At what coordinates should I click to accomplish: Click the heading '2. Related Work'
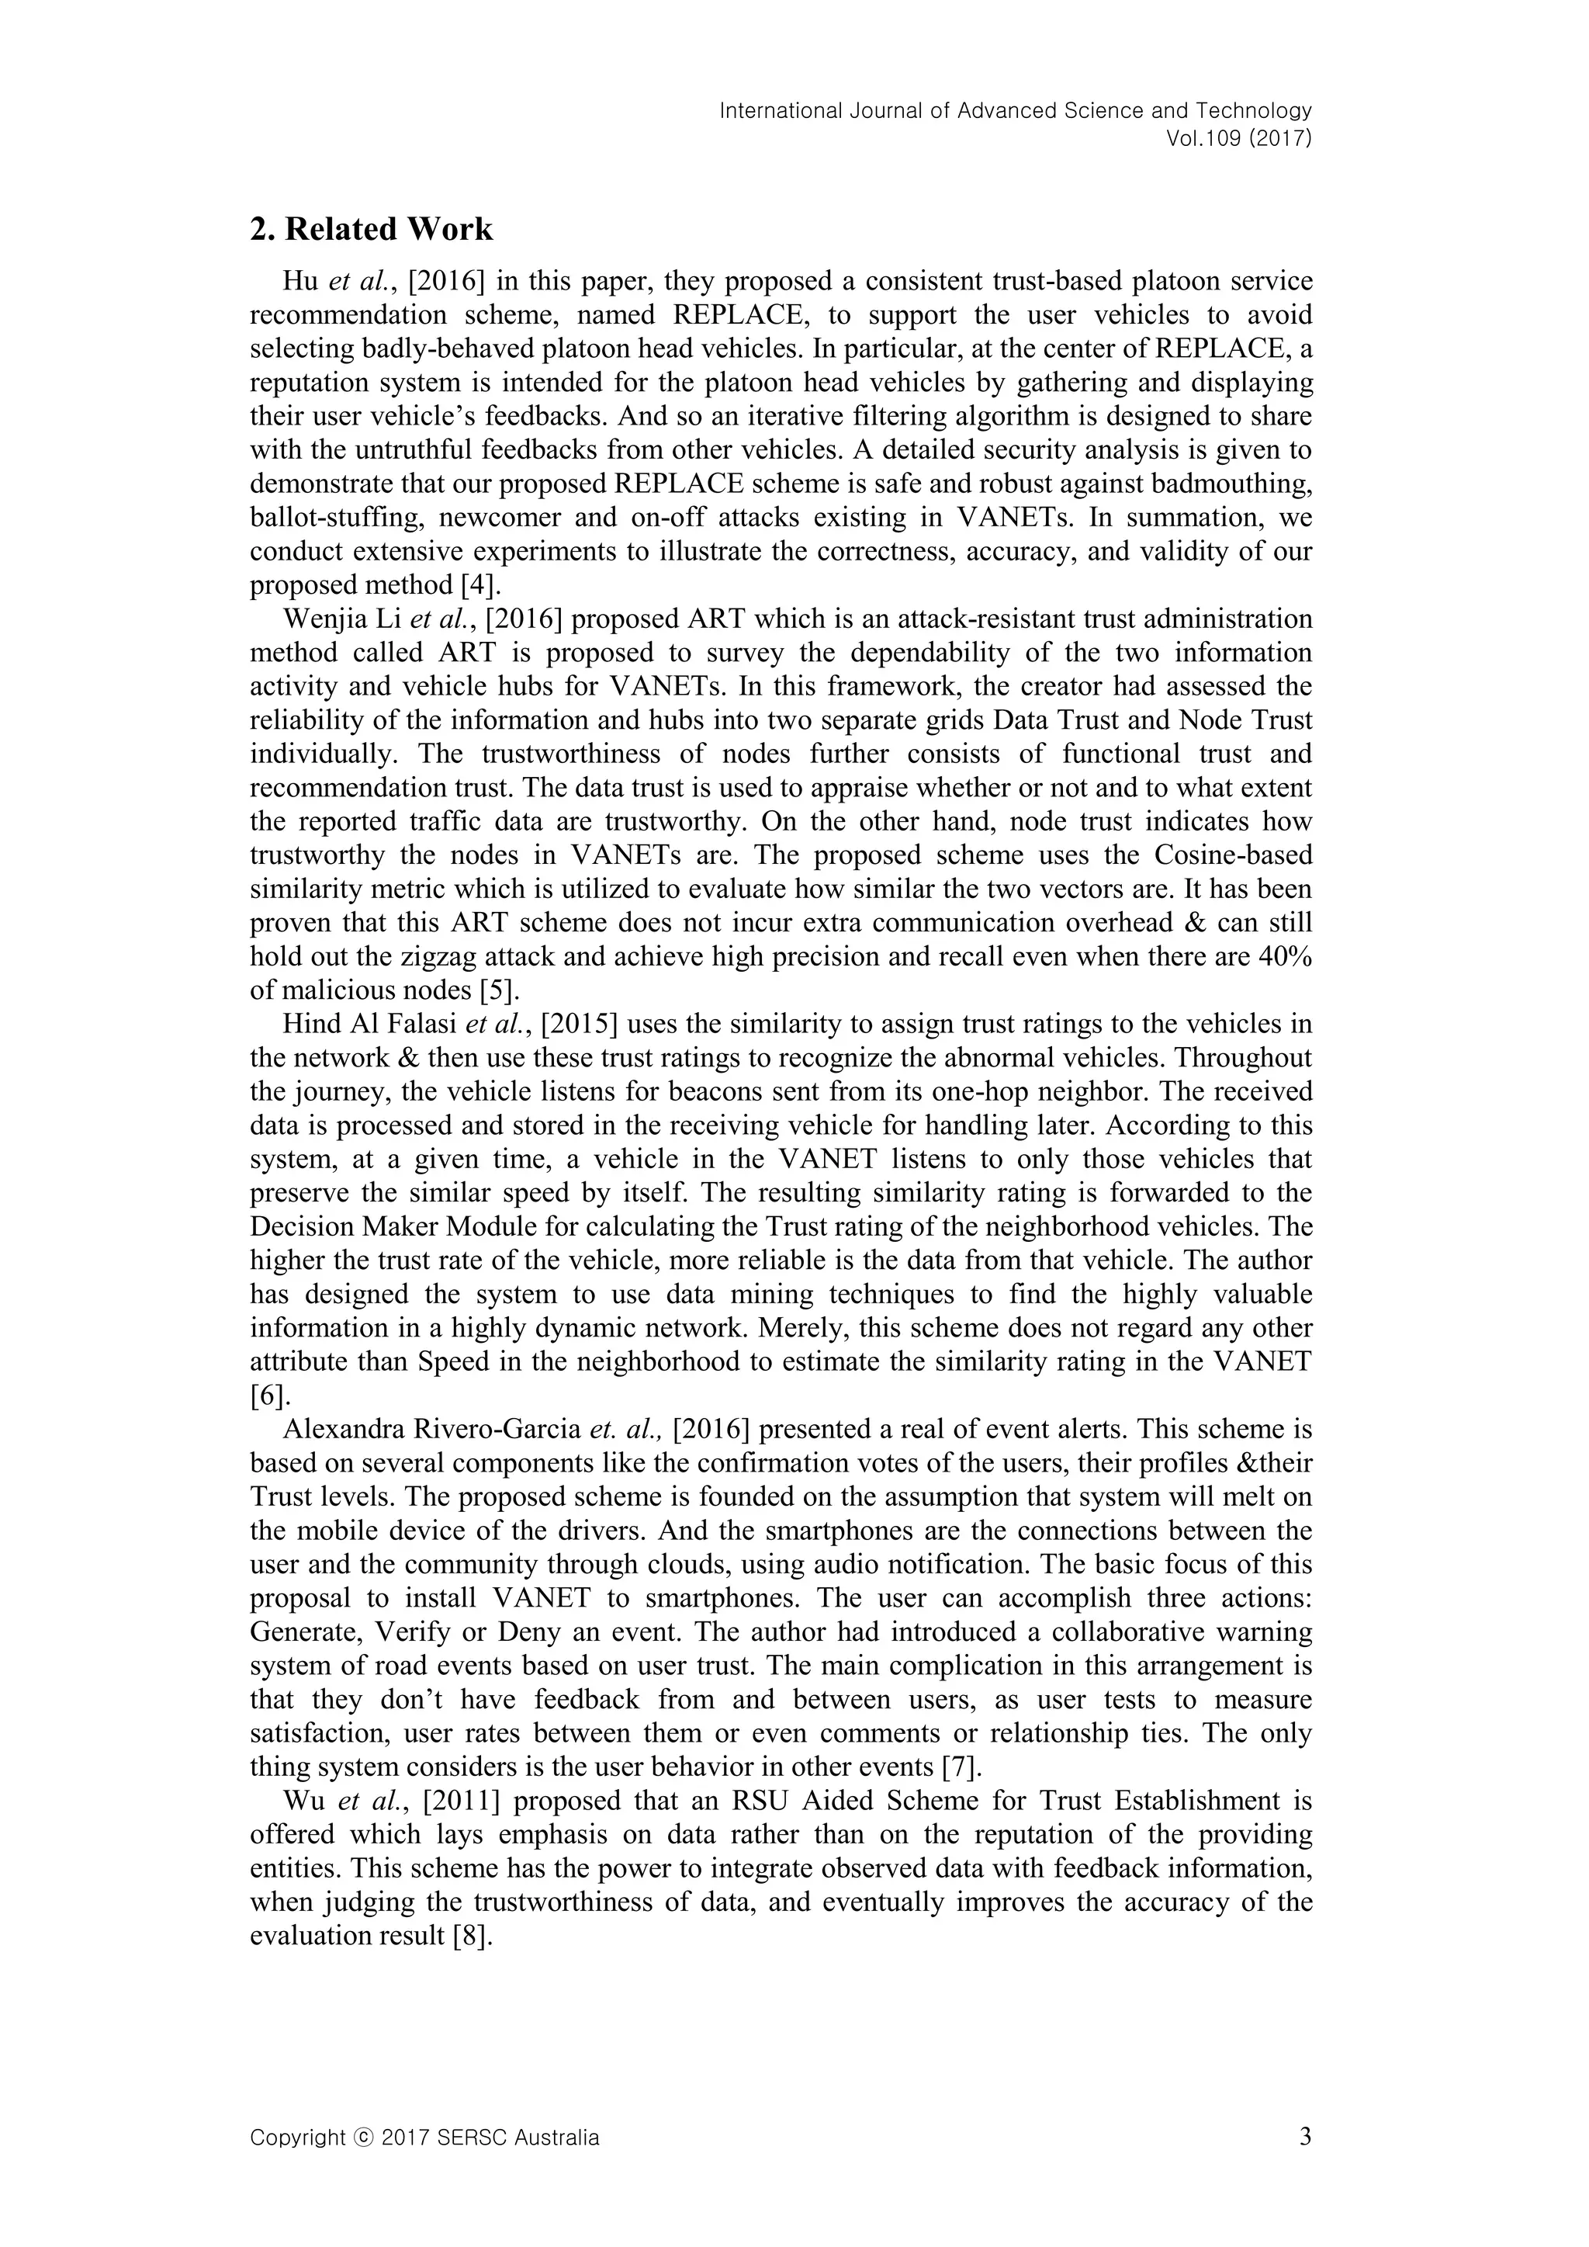[x=371, y=229]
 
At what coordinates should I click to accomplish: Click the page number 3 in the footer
[x=1305, y=2164]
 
